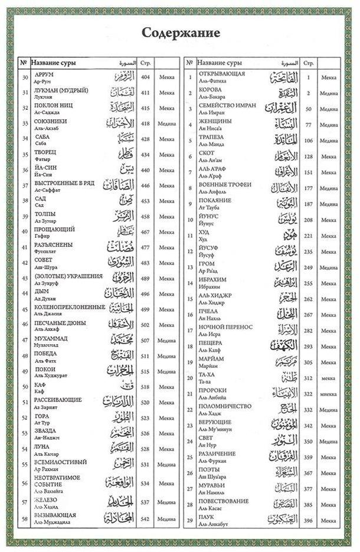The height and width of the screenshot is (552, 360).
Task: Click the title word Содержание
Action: tap(181, 32)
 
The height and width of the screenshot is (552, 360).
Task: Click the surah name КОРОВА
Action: tap(210, 89)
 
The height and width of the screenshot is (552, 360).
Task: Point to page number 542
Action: tap(145, 519)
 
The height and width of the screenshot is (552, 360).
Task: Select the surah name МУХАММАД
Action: tap(51, 338)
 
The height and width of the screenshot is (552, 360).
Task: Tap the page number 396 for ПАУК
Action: tap(309, 520)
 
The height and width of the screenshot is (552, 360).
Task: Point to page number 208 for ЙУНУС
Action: tap(309, 220)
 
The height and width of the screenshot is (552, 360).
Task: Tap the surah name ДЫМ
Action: tap(41, 292)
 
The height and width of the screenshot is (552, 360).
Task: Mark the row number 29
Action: tap(191, 520)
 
